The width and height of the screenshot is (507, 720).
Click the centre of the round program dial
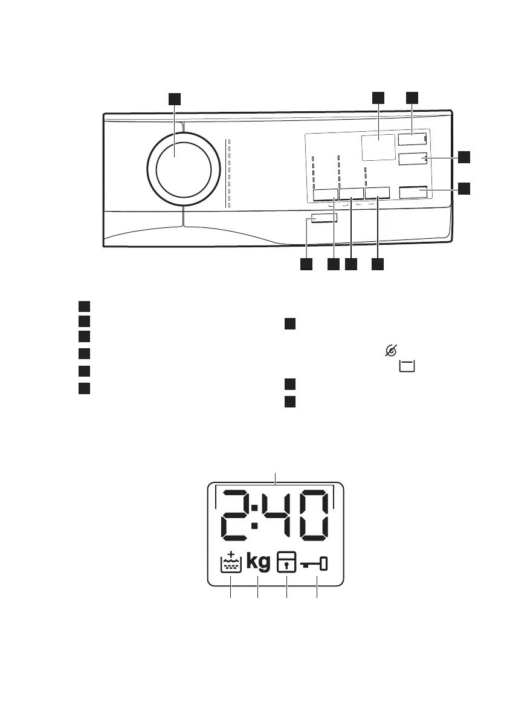pyautogui.click(x=184, y=171)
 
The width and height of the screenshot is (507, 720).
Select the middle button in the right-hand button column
pyautogui.click(x=413, y=159)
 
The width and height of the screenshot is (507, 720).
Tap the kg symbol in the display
pyautogui.click(x=259, y=563)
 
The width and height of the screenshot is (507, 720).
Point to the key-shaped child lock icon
pyautogui.click(x=316, y=564)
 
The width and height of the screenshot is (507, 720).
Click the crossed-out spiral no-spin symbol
pyautogui.click(x=391, y=350)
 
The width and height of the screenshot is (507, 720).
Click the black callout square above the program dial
pyautogui.click(x=174, y=99)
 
